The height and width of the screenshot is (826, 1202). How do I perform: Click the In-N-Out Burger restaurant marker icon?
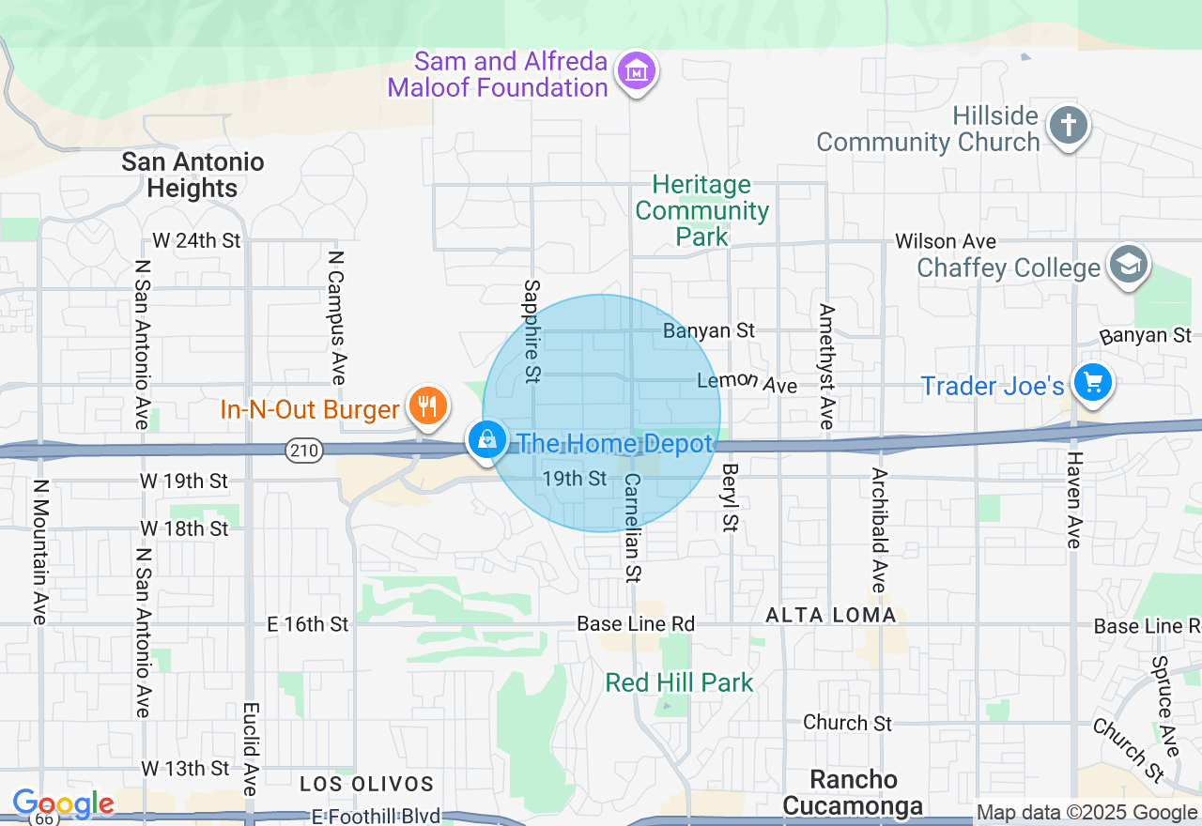[427, 406]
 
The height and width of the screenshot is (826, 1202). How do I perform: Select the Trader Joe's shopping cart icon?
[1093, 382]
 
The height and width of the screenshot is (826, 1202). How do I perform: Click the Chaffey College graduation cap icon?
[1129, 265]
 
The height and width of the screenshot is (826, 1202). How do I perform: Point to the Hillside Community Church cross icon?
[1069, 126]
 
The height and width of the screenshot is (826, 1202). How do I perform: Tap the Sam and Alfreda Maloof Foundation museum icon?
[637, 71]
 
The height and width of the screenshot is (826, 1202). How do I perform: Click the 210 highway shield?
[305, 451]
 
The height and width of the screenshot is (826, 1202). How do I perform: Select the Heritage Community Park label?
[701, 210]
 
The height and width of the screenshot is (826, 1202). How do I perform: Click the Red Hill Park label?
[679, 682]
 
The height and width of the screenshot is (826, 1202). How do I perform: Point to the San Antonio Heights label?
[193, 175]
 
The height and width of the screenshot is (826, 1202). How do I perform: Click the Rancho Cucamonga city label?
[854, 792]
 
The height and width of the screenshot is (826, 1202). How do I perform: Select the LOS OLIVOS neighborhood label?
[367, 784]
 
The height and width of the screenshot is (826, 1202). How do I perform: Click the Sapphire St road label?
[532, 330]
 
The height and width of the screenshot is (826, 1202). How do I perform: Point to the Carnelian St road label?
[633, 526]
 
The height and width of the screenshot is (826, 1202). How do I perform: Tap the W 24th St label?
[196, 240]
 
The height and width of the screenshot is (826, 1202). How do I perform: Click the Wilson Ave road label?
[946, 242]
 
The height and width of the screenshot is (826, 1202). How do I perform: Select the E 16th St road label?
[308, 624]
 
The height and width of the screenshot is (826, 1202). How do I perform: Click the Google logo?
[63, 803]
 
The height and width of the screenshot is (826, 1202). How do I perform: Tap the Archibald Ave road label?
[878, 529]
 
